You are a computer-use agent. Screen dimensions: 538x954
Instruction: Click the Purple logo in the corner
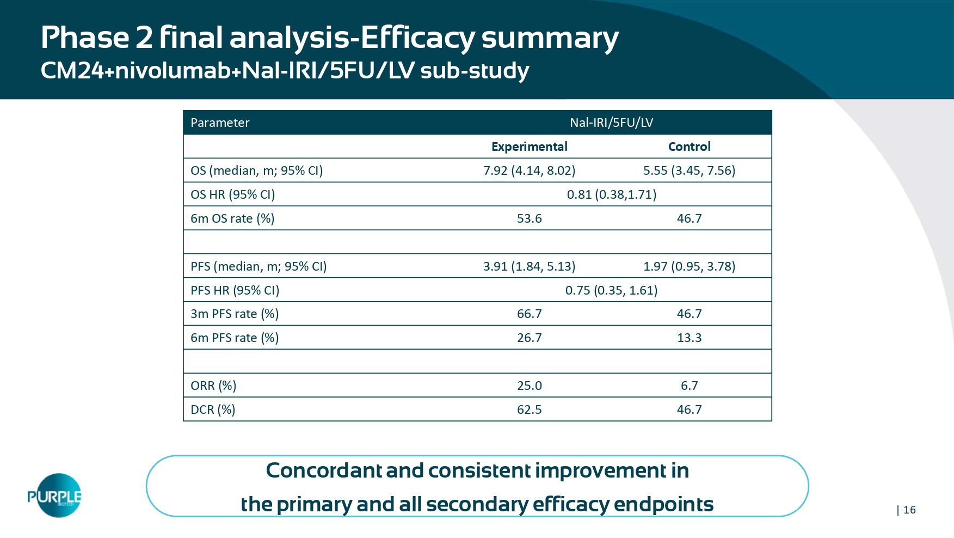tap(55, 495)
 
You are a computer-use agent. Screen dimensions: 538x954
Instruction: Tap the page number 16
tap(909, 510)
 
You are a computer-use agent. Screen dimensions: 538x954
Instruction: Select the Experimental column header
tap(529, 146)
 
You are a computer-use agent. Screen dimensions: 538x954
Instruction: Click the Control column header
tap(689, 146)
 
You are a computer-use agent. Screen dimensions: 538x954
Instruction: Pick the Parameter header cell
tap(220, 123)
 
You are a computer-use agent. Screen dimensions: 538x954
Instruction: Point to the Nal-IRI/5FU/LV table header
tap(611, 123)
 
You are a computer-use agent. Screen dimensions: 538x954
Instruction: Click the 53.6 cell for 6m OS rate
tap(529, 218)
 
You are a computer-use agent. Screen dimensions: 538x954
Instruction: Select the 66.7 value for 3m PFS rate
tap(529, 314)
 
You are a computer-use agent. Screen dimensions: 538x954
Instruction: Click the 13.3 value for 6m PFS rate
tap(689, 338)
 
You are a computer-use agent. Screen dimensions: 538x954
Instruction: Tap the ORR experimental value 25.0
tap(529, 386)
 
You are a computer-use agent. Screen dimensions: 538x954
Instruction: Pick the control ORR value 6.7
tap(689, 386)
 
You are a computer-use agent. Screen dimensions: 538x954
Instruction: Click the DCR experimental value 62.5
tap(529, 409)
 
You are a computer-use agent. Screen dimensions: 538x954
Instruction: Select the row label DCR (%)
tap(213, 409)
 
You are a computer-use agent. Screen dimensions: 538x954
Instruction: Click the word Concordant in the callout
tap(324, 470)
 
